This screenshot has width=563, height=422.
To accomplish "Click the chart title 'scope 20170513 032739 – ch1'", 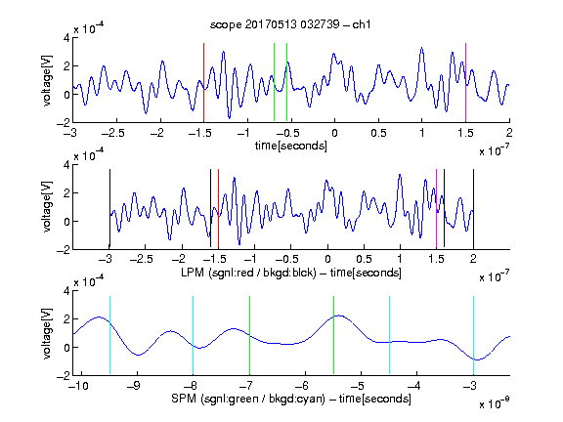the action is (x=290, y=24).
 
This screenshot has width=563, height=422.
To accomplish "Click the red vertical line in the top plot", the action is (x=203, y=82).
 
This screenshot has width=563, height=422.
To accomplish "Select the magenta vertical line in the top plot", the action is (x=465, y=82).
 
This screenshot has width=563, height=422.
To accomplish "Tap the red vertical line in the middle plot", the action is (x=218, y=209).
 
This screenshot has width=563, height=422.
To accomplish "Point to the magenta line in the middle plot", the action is (x=436, y=209).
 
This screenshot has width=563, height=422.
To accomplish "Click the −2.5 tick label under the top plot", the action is (x=112, y=133).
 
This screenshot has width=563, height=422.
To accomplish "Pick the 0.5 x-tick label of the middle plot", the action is (x=364, y=259).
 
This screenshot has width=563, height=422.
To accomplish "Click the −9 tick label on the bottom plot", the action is (x=134, y=386).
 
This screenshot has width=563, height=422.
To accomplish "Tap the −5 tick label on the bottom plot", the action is (x=358, y=386).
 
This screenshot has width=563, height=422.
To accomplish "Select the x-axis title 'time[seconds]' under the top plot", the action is (x=291, y=146).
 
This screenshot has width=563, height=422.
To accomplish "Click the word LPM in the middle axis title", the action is (x=193, y=273).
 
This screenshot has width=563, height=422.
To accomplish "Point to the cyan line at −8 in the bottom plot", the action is (x=194, y=335).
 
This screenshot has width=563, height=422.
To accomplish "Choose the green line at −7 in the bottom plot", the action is (x=249, y=335).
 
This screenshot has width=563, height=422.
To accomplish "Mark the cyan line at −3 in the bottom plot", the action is (x=474, y=335).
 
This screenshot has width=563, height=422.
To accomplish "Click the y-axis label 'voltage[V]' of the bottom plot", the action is (x=47, y=333).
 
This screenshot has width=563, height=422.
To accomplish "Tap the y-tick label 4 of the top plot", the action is (x=66, y=38).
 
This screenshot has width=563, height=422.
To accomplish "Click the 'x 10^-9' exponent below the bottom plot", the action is (x=494, y=403).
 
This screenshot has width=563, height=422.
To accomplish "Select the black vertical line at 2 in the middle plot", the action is (x=474, y=209).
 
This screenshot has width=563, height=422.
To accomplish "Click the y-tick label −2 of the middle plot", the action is (x=64, y=250).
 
